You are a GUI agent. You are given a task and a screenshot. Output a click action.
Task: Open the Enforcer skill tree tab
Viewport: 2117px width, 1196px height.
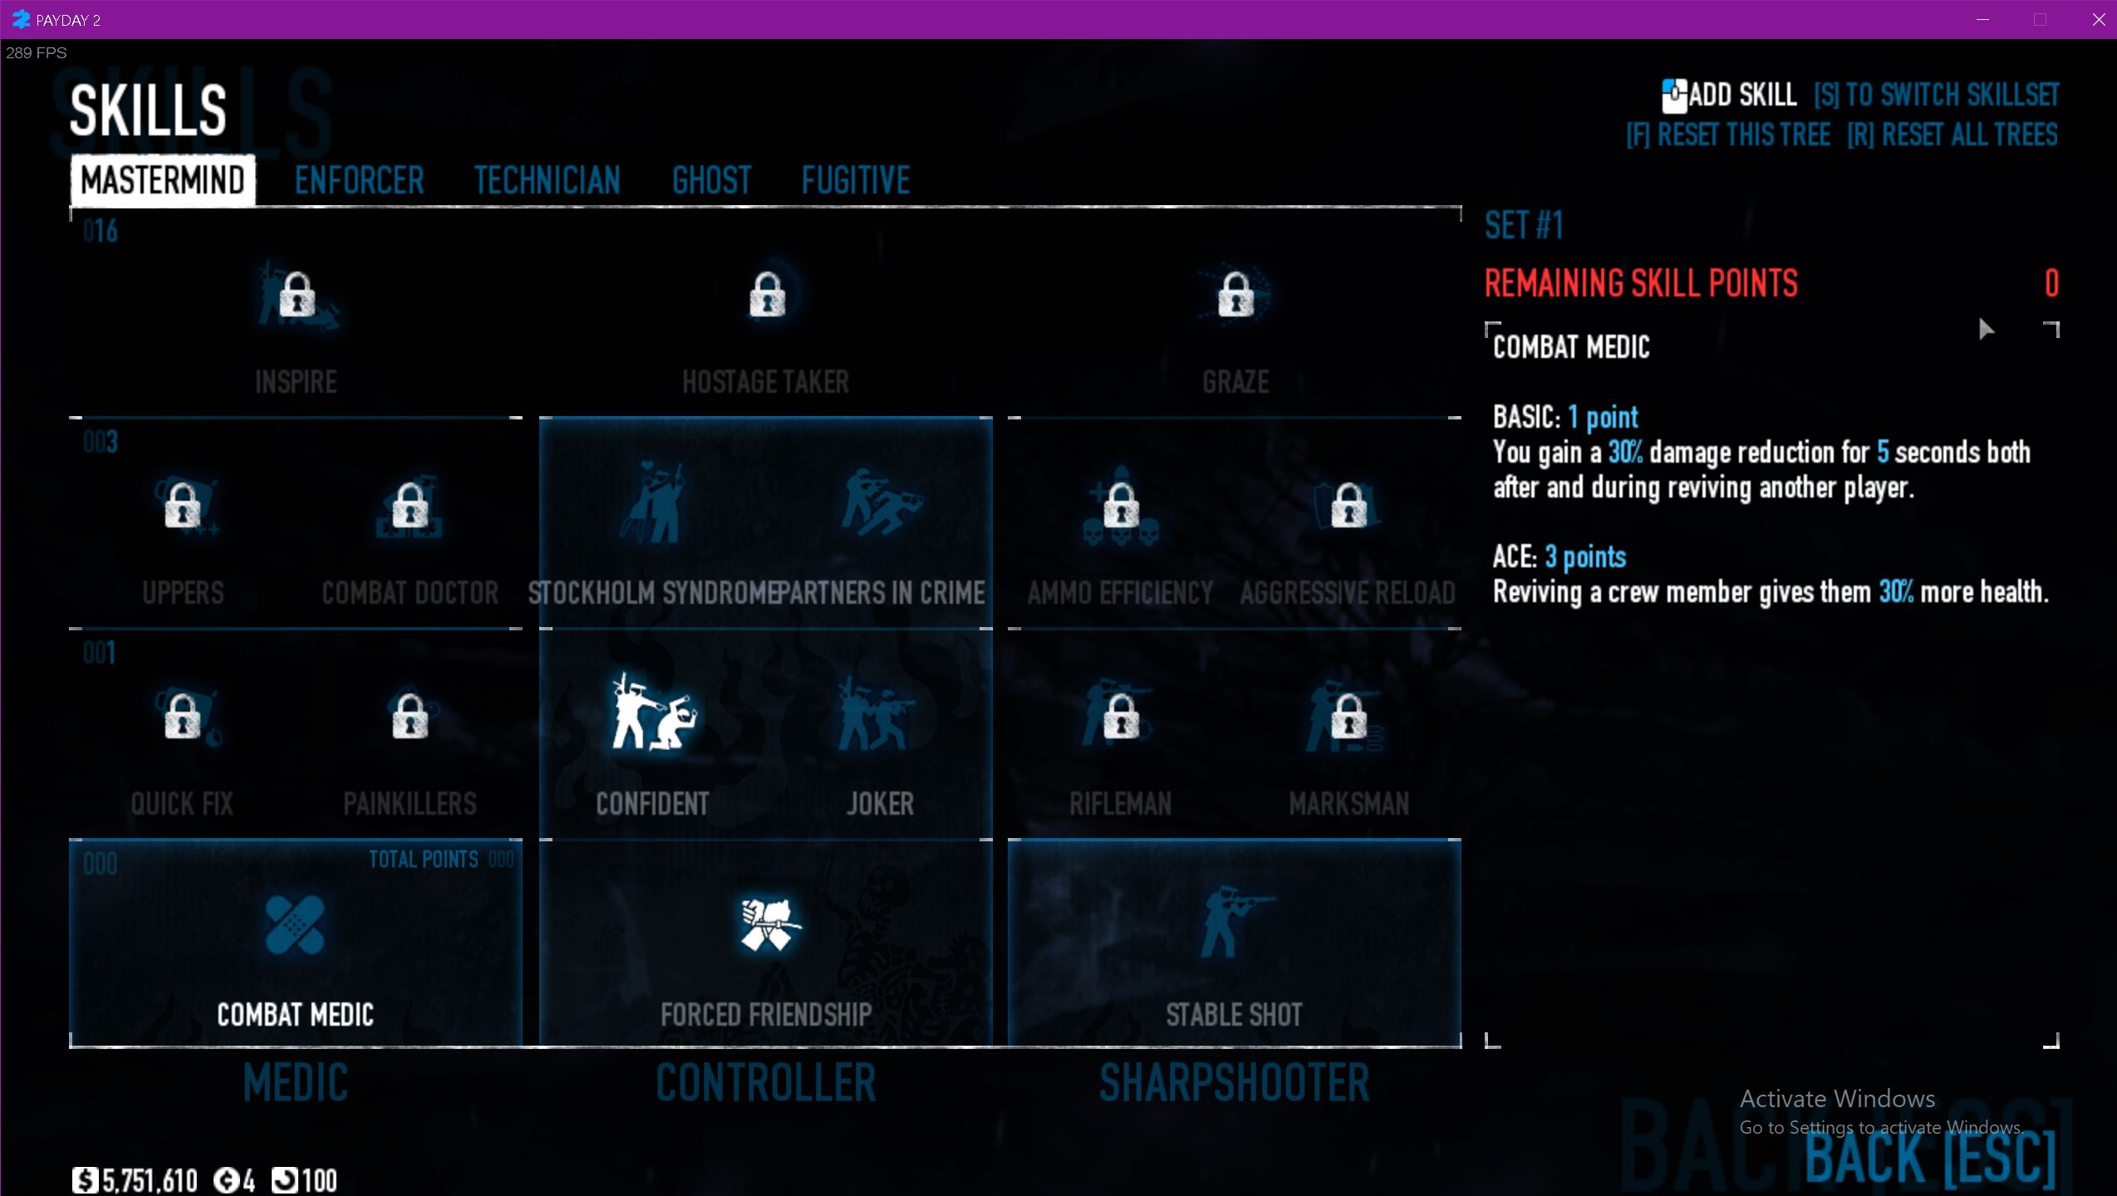coord(359,180)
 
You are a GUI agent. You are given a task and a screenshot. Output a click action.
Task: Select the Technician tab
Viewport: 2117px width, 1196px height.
coord(547,180)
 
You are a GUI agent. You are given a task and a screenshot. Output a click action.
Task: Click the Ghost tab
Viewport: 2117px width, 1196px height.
coord(711,180)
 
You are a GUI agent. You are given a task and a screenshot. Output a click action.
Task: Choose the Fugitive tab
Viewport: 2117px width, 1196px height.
coord(855,180)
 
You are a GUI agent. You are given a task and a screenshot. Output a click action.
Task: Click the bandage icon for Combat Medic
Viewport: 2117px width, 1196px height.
coord(295,924)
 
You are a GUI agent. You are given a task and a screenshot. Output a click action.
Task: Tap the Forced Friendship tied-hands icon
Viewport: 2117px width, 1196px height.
coord(769,924)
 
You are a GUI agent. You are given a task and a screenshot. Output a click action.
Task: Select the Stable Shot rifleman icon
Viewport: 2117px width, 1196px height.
coord(1233,924)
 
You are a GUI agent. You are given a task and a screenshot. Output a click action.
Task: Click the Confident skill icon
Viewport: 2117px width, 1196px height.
coord(652,713)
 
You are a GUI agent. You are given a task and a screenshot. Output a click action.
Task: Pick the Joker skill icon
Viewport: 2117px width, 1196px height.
coord(879,713)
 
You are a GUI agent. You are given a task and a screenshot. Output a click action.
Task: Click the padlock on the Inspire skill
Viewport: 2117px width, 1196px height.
coord(297,294)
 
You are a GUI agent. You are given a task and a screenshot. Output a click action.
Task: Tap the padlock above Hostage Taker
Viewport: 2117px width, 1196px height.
coord(767,294)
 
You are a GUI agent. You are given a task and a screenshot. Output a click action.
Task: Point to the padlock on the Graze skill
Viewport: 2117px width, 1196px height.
coord(1235,294)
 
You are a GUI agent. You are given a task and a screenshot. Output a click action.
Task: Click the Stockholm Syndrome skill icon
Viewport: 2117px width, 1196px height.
coord(653,502)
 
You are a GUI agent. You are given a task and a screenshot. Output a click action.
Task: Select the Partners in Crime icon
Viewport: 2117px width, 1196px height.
coord(881,502)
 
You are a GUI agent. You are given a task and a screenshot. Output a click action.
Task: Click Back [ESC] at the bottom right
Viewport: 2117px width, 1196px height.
coord(1929,1158)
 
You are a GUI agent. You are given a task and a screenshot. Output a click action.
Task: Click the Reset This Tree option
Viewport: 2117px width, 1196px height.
coord(1728,135)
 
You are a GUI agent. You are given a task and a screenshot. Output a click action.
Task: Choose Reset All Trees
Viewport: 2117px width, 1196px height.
coord(1952,135)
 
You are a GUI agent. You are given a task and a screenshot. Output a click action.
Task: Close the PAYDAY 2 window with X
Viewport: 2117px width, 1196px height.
coord(2098,20)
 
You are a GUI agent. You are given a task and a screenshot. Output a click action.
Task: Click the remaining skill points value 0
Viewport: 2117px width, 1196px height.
coord(2051,283)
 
